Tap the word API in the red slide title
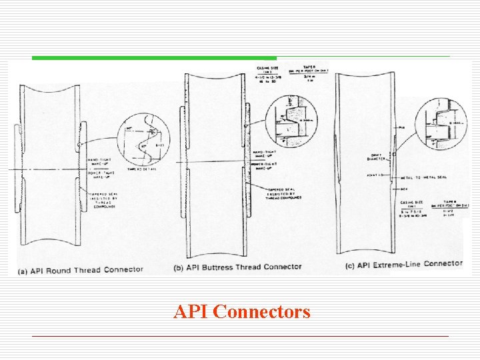click(x=192, y=311)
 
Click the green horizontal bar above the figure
click(x=154, y=58)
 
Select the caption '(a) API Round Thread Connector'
click(x=81, y=269)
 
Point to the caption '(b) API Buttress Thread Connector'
click(x=237, y=267)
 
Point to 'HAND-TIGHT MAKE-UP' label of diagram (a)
click(x=99, y=162)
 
